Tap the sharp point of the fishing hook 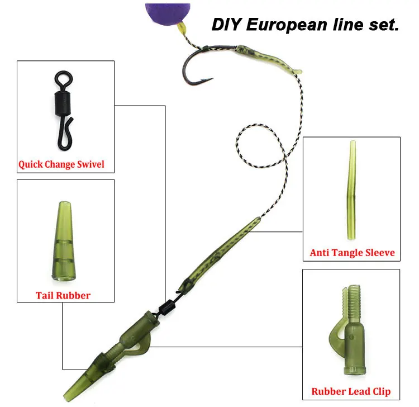(213, 78)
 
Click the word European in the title (287, 25)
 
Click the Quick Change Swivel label (61, 164)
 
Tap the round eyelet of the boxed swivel (64, 78)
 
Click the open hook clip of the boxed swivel (65, 133)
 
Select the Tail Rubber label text (63, 296)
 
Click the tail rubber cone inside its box (64, 240)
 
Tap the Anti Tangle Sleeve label (352, 253)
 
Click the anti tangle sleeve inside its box (351, 190)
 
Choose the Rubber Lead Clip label (351, 391)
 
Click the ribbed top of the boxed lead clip (353, 301)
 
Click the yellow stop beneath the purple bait (182, 29)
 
